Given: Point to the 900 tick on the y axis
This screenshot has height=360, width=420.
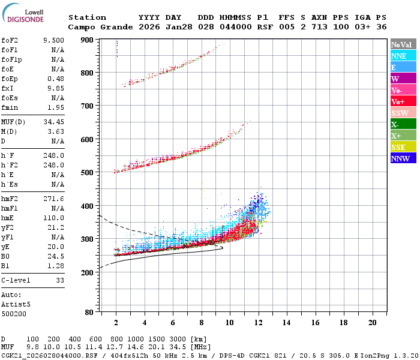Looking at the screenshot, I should coord(87,40).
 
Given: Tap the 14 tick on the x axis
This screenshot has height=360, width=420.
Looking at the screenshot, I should coord(287,322).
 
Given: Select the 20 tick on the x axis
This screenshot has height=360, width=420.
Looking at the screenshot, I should coord(373,322).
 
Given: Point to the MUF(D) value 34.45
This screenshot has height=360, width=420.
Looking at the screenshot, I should coord(53,122).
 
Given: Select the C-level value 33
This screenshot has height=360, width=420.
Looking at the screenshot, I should coord(60,280).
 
